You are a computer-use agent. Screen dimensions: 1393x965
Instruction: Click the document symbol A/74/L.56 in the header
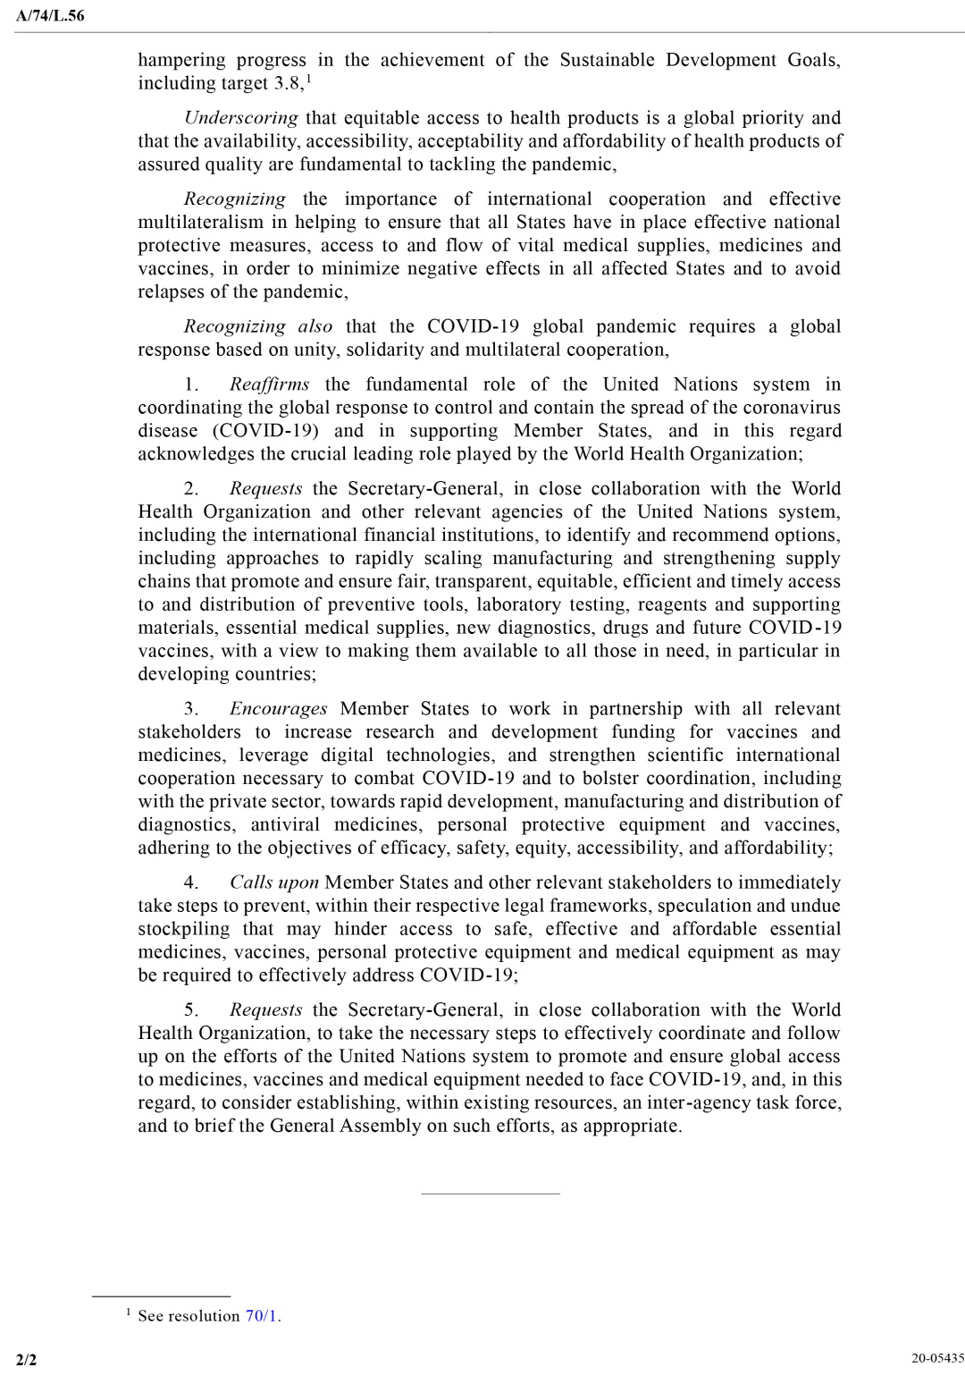[50, 15]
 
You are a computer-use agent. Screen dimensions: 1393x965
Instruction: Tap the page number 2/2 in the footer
[27, 1361]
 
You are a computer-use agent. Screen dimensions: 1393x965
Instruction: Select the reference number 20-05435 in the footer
[937, 1358]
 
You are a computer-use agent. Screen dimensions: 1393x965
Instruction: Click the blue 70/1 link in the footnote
[261, 1316]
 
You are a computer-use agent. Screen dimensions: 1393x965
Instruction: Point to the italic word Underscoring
[240, 118]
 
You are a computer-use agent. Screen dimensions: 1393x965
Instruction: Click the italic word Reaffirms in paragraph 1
[269, 384]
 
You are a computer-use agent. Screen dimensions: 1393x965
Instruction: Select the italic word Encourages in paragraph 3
[278, 709]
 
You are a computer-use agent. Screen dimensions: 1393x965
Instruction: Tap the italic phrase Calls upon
[273, 882]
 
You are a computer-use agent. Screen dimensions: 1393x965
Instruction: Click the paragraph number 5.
[191, 1010]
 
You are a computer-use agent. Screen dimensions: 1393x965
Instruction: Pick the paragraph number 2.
[191, 489]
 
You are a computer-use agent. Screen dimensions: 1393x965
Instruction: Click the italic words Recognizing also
[257, 326]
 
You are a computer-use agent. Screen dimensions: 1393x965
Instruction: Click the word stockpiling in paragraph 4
[183, 929]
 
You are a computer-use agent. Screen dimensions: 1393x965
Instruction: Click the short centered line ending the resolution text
[490, 1193]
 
